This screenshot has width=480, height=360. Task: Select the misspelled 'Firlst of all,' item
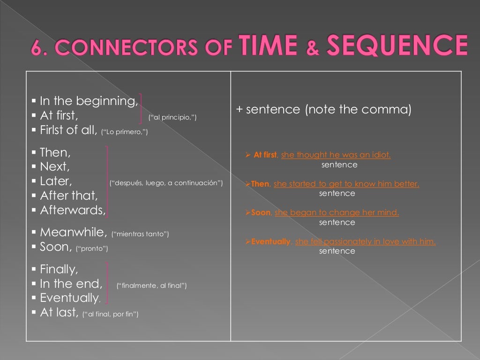pos(68,130)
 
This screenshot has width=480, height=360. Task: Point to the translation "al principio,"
pos(172,117)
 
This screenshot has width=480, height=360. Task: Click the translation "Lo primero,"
pos(125,132)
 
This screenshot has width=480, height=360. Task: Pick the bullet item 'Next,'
pos(55,166)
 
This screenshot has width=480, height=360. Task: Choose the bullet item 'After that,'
pos(69,195)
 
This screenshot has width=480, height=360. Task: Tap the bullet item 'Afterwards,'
pos(73,210)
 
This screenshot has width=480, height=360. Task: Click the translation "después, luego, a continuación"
pos(166,183)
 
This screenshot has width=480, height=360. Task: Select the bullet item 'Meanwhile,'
pos(74,232)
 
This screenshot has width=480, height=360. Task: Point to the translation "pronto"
pos(92,248)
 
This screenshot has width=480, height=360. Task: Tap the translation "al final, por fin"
pos(110,314)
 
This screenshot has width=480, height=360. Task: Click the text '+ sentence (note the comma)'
pos(323,110)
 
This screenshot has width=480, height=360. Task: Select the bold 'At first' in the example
pos(265,155)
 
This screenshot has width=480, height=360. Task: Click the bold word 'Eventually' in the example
pos(271,242)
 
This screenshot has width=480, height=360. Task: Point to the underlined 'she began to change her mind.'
pos(337,213)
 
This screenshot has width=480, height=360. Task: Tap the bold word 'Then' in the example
pos(260,184)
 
